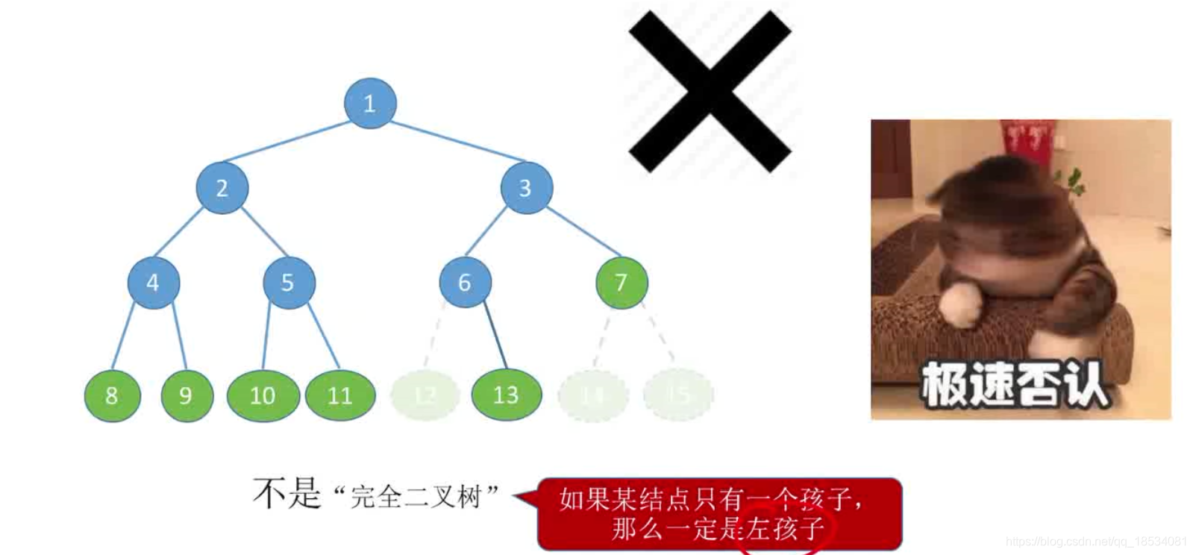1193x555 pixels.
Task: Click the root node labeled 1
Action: pyautogui.click(x=369, y=103)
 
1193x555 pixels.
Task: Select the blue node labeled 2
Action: pyautogui.click(x=222, y=188)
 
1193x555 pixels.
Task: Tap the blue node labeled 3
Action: pyautogui.click(x=526, y=188)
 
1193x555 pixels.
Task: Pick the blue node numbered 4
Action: pyautogui.click(x=153, y=283)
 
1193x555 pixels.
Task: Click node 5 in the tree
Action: pyautogui.click(x=288, y=283)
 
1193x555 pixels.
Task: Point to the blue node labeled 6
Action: pyautogui.click(x=465, y=283)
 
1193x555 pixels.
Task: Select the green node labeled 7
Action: pyautogui.click(x=621, y=283)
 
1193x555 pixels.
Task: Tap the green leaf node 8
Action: pyautogui.click(x=112, y=395)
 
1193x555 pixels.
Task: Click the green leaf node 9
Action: pyautogui.click(x=187, y=395)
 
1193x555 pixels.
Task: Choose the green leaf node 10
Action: pyautogui.click(x=263, y=395)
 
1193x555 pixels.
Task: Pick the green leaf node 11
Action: pyautogui.click(x=340, y=395)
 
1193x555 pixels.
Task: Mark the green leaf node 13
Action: pyautogui.click(x=506, y=395)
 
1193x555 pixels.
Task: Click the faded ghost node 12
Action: pyautogui.click(x=425, y=395)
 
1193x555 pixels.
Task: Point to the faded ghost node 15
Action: pyautogui.click(x=678, y=395)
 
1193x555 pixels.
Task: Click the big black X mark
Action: pyautogui.click(x=710, y=91)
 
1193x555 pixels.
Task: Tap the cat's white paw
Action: pyautogui.click(x=960, y=305)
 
